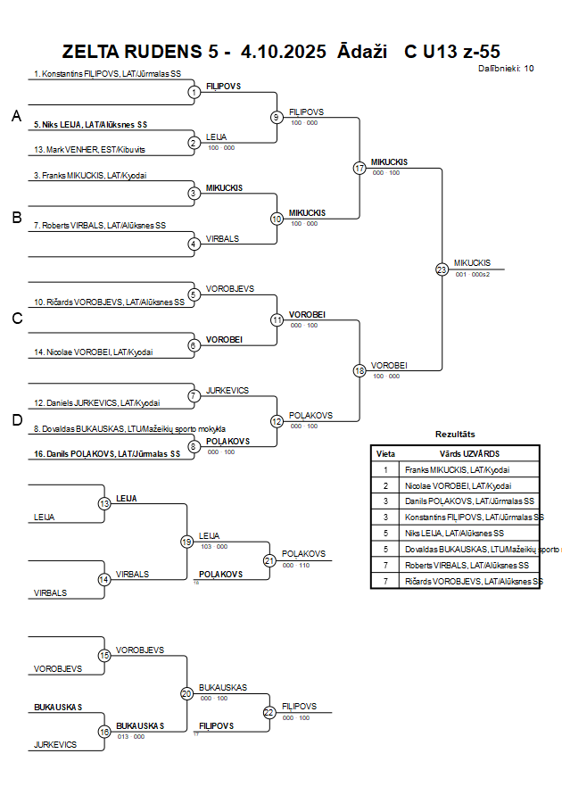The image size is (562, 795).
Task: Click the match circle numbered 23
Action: coord(442,269)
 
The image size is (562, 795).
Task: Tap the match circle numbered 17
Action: coord(360,168)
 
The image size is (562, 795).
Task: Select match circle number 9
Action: coord(277,117)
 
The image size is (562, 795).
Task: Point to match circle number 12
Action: coord(277,420)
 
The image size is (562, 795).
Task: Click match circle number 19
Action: coord(186,541)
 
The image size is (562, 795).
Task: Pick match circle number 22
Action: coord(269,712)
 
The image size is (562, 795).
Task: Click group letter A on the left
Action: coord(16,116)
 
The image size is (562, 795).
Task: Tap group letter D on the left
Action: coord(16,420)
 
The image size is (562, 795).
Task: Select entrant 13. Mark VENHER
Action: coord(88,149)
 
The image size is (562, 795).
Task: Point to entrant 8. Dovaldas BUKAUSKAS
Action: coord(128,428)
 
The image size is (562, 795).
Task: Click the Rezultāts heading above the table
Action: coord(455,434)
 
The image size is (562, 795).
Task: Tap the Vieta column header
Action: coord(385,453)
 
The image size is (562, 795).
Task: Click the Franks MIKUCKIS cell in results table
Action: coord(458,469)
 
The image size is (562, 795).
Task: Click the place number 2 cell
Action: coord(385,485)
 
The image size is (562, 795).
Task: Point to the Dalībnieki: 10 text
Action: coord(506,68)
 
